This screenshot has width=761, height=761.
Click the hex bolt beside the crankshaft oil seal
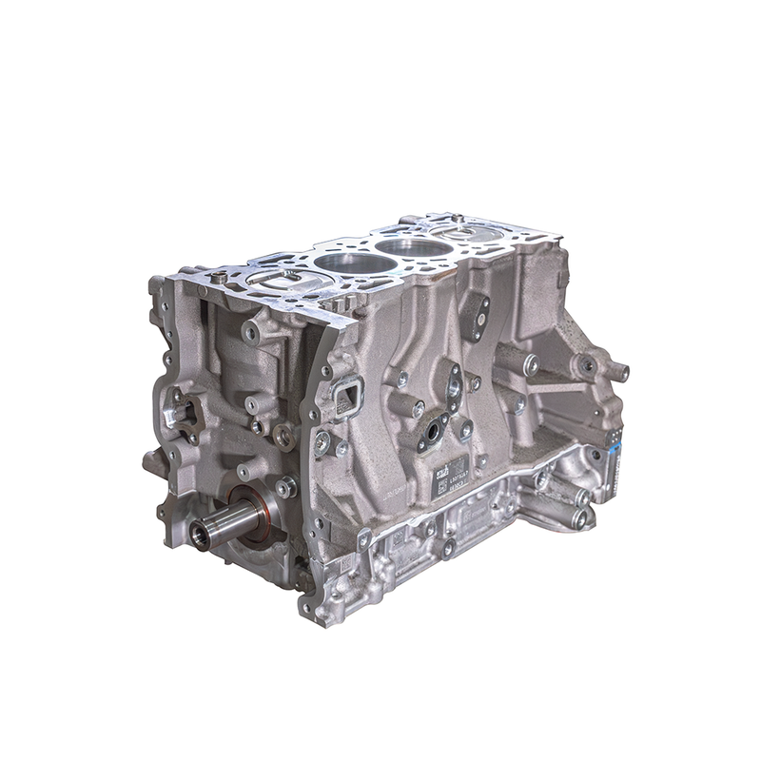pos(283,486)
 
